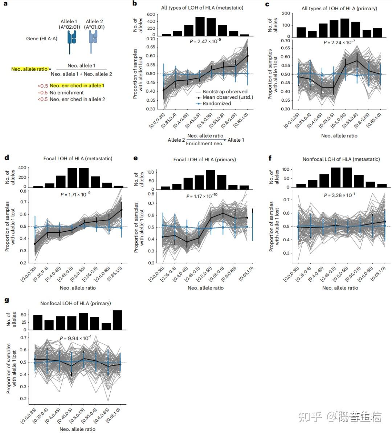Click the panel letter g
tap(6, 300)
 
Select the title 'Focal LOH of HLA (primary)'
tap(204, 159)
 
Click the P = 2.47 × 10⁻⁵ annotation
tap(205, 41)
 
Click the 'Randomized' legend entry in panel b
tap(217, 104)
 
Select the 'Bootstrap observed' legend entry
tap(225, 92)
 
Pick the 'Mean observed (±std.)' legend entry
tap(228, 97)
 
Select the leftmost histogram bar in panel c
tap(301, 32)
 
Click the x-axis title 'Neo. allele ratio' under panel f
tap(340, 288)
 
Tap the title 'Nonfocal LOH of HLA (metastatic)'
tap(341, 159)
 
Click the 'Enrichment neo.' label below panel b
tap(204, 144)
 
